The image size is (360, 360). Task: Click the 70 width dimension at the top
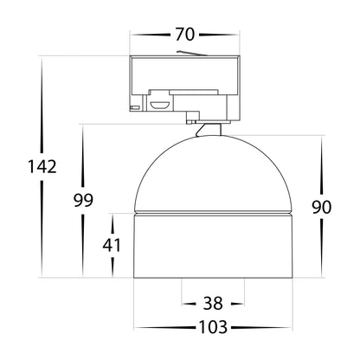coord(185,35)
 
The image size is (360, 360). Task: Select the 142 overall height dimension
coord(42,167)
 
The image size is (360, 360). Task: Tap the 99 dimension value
coord(83,200)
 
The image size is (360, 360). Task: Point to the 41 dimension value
coord(112,246)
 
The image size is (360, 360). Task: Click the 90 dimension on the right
coord(322,207)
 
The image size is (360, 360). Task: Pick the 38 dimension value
coord(213,304)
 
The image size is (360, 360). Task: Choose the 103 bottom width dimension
coord(213,327)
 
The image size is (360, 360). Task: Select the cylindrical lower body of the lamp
coord(213,247)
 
